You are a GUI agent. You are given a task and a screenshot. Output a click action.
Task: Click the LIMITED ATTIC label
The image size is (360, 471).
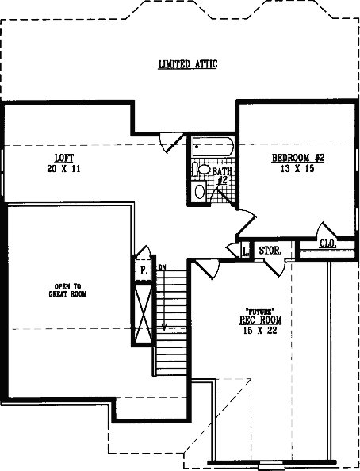tap(188, 64)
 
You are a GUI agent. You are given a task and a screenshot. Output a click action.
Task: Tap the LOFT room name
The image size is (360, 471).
tap(64, 158)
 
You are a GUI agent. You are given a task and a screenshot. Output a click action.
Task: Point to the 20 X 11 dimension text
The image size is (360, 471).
tap(63, 169)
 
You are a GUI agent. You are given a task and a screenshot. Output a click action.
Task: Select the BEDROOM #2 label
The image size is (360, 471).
tap(298, 158)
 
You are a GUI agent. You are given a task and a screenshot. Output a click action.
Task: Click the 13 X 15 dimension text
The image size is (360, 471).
tap(297, 169)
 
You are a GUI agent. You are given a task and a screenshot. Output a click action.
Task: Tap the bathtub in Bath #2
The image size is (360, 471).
tap(213, 147)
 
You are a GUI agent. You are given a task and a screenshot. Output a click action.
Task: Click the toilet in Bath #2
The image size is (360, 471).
tap(202, 169)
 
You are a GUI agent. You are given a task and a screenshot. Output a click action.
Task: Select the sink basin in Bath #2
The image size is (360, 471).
tap(200, 191)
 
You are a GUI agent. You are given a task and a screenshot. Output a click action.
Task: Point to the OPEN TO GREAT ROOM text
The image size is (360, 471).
tap(67, 290)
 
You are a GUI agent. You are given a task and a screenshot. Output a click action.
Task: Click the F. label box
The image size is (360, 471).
tap(144, 270)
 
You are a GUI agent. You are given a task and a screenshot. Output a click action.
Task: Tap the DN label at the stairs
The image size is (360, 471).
tap(162, 266)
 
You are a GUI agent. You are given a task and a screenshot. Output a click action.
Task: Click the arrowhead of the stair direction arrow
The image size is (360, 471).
tap(164, 327)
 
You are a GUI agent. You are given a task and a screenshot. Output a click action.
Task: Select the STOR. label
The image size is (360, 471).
tap(270, 251)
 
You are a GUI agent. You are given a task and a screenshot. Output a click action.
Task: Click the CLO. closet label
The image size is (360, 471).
tap(327, 243)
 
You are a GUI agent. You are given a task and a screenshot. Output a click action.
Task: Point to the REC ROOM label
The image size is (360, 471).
tap(261, 320)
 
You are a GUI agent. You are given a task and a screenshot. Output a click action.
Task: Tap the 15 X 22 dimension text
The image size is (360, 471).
tap(260, 331)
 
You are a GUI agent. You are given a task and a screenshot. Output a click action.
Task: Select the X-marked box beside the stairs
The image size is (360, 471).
tap(144, 314)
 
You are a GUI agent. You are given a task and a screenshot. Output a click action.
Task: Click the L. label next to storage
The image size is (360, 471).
tap(246, 251)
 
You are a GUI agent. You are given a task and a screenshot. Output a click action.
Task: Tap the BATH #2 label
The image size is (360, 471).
tap(222, 176)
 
